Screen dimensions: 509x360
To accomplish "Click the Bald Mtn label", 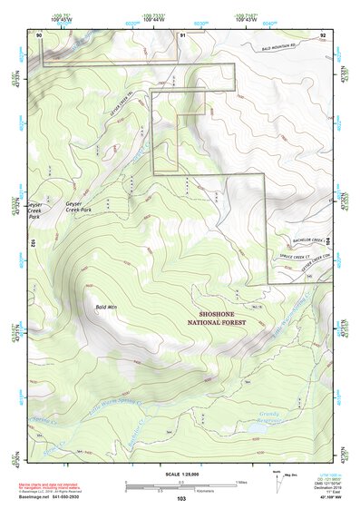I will tap(107, 308).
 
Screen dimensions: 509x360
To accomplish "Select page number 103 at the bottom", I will tap(181, 498).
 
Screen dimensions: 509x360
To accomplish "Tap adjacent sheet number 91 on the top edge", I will tap(182, 34).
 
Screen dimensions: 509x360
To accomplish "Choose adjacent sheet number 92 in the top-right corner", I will tap(323, 34).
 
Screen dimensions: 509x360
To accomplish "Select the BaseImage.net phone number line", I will tap(50, 496).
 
